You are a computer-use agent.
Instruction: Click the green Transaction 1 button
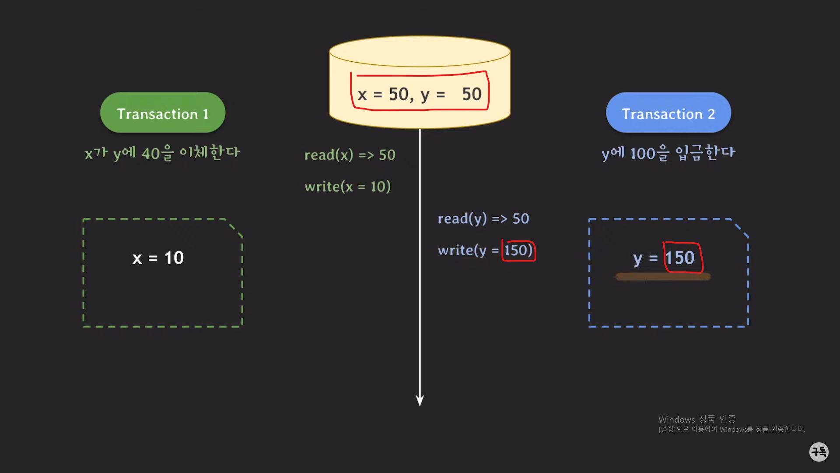click(x=163, y=113)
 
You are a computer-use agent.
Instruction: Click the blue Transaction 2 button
click(x=668, y=113)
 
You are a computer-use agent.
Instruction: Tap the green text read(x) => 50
click(x=350, y=155)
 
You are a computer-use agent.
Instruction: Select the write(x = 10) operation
click(x=347, y=187)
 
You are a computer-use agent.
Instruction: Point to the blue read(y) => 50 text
click(x=483, y=219)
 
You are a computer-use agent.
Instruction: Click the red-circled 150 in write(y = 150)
click(x=518, y=251)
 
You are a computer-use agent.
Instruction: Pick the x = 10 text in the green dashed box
click(x=158, y=258)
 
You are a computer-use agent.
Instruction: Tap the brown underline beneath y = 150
click(x=663, y=276)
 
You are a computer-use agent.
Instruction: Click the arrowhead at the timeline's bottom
click(x=420, y=400)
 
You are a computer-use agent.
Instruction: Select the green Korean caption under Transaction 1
click(x=162, y=153)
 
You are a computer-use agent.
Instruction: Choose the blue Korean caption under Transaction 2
click(x=668, y=153)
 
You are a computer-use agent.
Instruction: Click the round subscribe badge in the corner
click(x=819, y=452)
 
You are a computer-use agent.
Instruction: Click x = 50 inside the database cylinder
click(x=383, y=95)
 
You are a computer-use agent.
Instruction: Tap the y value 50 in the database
click(x=472, y=95)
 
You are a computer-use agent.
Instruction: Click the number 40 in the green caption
click(x=150, y=154)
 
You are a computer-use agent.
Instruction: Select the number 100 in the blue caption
click(x=643, y=154)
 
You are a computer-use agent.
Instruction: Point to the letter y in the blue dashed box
click(x=637, y=259)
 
